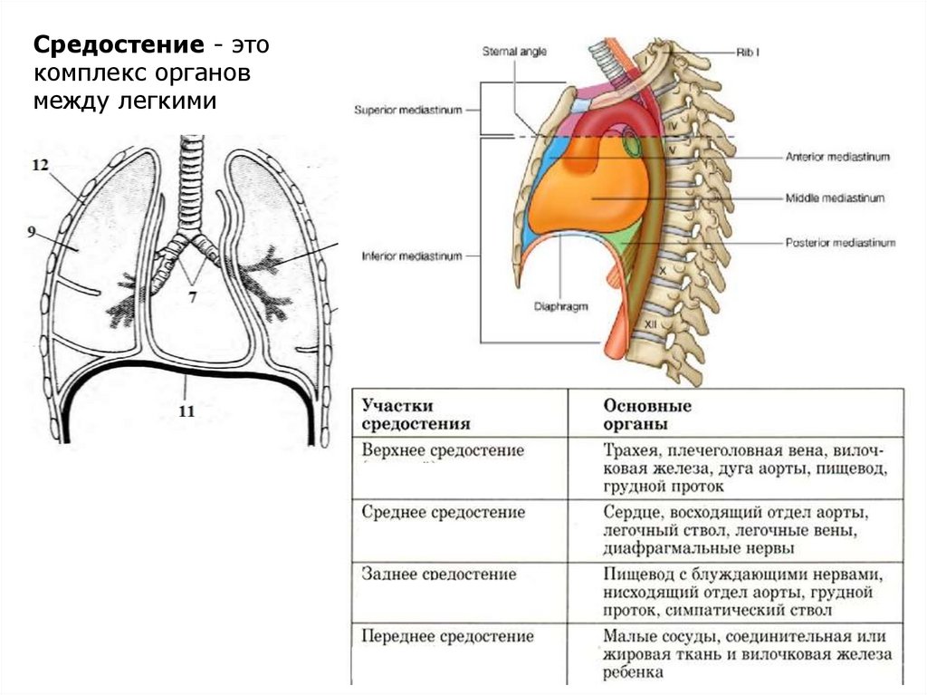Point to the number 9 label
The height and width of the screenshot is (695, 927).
pyautogui.click(x=32, y=232)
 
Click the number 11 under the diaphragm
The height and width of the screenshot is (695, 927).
pyautogui.click(x=186, y=410)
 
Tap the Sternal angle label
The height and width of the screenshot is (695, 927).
pyautogui.click(x=514, y=52)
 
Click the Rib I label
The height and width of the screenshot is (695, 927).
pyautogui.click(x=747, y=52)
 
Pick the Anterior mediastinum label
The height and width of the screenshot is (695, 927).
pyautogui.click(x=837, y=157)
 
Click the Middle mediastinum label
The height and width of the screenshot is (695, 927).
pyautogui.click(x=834, y=198)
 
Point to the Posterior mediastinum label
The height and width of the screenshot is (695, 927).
pyautogui.click(x=839, y=243)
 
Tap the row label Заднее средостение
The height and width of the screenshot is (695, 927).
pyautogui.click(x=439, y=574)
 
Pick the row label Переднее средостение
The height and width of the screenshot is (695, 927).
pyautogui.click(x=447, y=636)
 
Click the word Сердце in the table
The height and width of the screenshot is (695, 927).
pyautogui.click(x=631, y=512)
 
